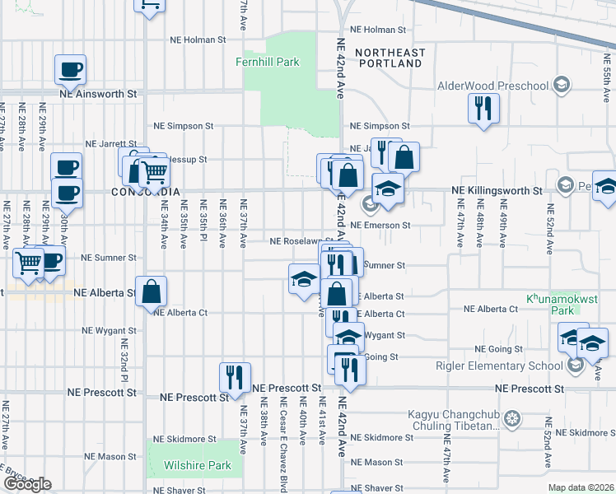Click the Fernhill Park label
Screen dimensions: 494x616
coord(267,63)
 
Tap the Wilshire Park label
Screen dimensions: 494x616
coord(197,465)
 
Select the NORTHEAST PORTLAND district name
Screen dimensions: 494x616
coord(390,58)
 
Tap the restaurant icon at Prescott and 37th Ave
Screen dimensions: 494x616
coord(235,377)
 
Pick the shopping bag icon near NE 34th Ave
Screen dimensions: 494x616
coord(152,291)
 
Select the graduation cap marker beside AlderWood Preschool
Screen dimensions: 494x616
coord(561,85)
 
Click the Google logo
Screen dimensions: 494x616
coord(27,484)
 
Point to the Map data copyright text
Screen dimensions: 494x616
coord(580,487)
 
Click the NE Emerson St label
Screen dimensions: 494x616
coord(380,225)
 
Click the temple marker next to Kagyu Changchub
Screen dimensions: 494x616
coord(512,420)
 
